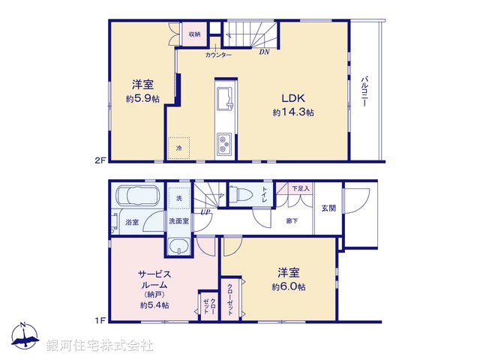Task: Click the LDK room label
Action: pyautogui.click(x=292, y=98)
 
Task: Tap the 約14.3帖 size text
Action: pyautogui.click(x=292, y=112)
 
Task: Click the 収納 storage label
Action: pyautogui.click(x=194, y=34)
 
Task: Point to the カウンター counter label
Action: pyautogui.click(x=218, y=55)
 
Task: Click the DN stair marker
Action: pyautogui.click(x=264, y=52)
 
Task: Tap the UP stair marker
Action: pyautogui.click(x=204, y=211)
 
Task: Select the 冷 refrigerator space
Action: pyautogui.click(x=178, y=148)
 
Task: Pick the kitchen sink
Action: pyautogui.click(x=225, y=97)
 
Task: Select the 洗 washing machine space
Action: pyautogui.click(x=178, y=198)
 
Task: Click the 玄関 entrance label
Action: pyautogui.click(x=328, y=208)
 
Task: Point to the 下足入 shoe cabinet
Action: pyautogui.click(x=301, y=189)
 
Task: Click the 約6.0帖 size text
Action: pyautogui.click(x=289, y=287)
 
